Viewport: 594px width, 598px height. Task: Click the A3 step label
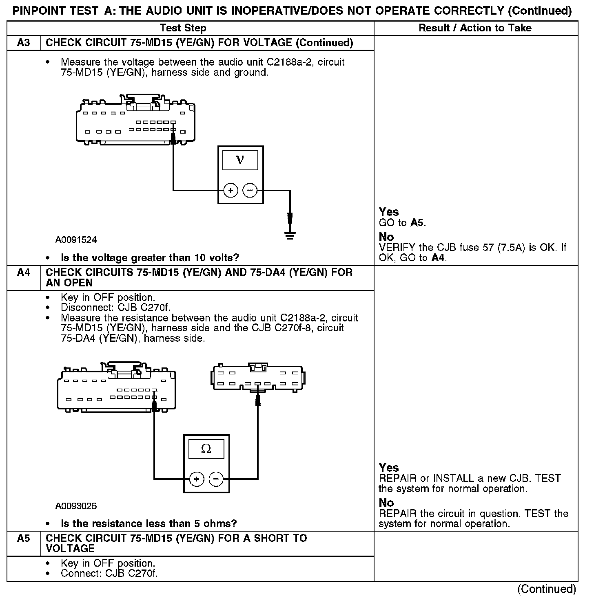[24, 43]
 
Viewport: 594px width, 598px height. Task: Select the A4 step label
[24, 272]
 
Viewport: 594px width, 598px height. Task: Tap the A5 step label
[24, 538]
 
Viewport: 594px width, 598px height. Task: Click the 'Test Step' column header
[183, 28]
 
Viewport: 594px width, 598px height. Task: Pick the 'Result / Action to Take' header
[475, 28]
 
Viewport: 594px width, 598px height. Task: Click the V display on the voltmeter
[240, 160]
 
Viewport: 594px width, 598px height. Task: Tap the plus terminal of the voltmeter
[231, 190]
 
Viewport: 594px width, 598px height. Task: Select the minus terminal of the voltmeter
[250, 190]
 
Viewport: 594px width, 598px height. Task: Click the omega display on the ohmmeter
[206, 449]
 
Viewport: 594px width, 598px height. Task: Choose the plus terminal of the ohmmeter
[197, 479]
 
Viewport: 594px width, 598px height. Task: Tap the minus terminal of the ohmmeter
[216, 479]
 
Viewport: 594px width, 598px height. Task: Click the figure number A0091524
[76, 240]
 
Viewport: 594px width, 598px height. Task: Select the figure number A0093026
[76, 506]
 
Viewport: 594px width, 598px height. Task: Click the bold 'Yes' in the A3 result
[389, 212]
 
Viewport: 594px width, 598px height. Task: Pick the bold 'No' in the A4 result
[386, 503]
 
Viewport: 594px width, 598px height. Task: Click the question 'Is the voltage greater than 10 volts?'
[150, 258]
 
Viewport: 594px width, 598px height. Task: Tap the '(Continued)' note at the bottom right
[547, 589]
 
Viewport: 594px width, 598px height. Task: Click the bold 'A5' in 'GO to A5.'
[418, 223]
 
